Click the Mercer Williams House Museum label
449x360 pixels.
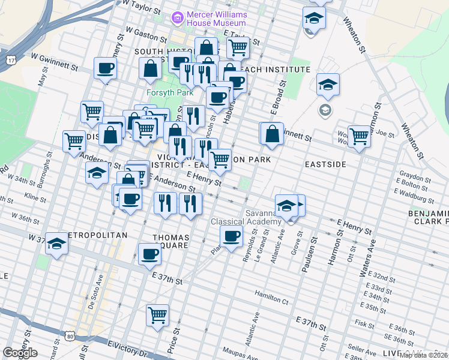coord(217,18)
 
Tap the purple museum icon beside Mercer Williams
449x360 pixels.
coord(177,18)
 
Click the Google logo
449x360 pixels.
coord(20,353)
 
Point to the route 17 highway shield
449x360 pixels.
coord(11,61)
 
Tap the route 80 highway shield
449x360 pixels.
coord(70,336)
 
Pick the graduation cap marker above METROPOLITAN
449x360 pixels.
coord(57,244)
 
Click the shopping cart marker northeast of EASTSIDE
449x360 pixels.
coord(359,136)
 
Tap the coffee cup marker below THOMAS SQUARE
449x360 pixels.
coord(149,255)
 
